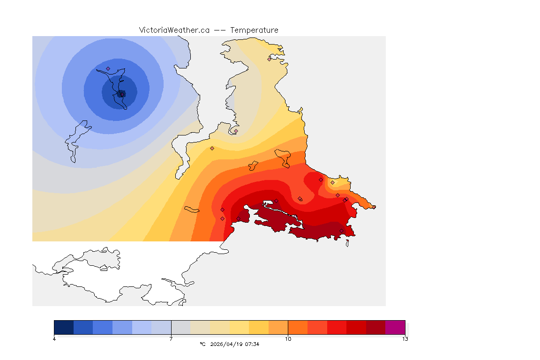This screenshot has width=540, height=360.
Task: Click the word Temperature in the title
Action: tap(254, 30)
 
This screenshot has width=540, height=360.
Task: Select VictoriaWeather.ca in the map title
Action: tap(174, 30)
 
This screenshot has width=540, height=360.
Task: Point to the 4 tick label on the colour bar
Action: tap(54, 339)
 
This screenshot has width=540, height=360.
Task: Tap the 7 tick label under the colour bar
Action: tap(171, 339)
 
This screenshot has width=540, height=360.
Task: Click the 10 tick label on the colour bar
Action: tap(288, 339)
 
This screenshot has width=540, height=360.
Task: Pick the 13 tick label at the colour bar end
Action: tap(405, 339)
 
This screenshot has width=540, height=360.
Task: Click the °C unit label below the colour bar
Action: tap(202, 344)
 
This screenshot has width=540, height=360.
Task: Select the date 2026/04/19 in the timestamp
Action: tap(227, 344)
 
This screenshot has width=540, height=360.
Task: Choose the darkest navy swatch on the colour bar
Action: tap(64, 327)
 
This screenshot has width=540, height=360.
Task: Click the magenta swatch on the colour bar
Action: tap(395, 327)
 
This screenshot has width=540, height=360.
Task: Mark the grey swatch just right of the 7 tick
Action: tap(180, 327)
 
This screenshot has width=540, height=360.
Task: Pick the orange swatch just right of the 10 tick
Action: tap(297, 327)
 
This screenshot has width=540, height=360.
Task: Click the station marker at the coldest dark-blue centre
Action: tap(122, 94)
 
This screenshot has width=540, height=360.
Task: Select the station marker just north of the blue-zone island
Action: tap(108, 68)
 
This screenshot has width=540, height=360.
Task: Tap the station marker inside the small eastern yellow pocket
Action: tap(332, 182)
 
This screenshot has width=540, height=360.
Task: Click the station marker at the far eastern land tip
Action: tap(374, 207)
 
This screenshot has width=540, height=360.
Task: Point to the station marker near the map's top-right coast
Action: tap(269, 59)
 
